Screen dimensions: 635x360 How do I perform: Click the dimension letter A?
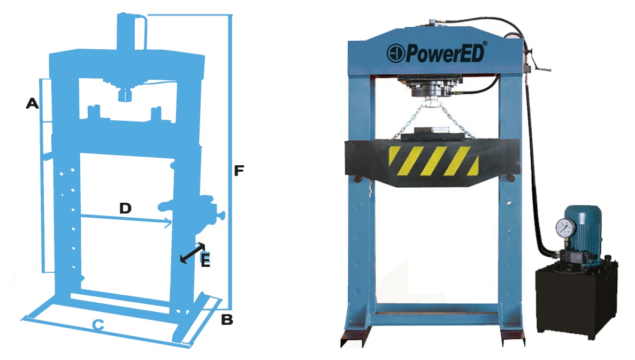(33, 103)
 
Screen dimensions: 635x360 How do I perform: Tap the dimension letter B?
(227, 319)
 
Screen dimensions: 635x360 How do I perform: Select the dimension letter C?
(98, 325)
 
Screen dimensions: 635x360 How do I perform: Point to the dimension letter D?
(126, 208)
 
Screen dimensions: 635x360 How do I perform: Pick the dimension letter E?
(206, 261)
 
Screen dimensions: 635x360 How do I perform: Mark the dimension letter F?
(239, 171)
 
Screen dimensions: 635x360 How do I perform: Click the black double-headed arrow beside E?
(193, 253)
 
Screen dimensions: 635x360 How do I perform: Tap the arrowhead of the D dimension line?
(167, 222)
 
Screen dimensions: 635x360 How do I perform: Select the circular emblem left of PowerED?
(395, 53)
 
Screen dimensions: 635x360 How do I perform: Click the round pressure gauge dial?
(566, 228)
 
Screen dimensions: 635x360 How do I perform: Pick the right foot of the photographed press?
(512, 335)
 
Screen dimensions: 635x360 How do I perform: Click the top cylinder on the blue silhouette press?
(131, 32)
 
